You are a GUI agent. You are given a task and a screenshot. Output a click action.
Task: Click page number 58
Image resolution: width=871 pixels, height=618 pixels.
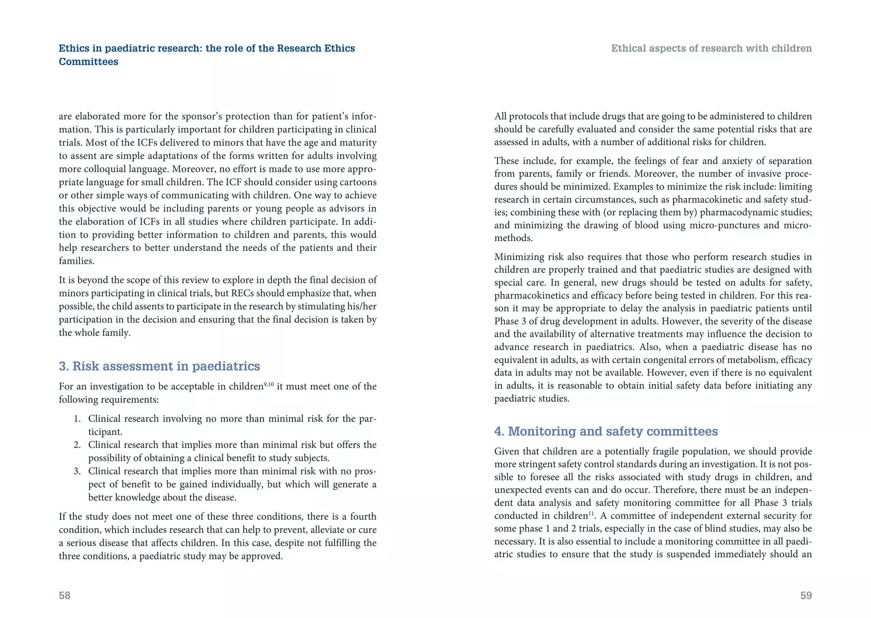[x=65, y=595]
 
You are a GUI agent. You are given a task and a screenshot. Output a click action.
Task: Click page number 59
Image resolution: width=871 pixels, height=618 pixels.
[x=806, y=595]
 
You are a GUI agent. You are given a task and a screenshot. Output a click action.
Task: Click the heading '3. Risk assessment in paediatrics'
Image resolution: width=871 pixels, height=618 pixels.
[x=159, y=366]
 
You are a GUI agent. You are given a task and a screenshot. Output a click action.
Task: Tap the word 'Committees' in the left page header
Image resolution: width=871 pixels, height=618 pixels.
[x=88, y=62]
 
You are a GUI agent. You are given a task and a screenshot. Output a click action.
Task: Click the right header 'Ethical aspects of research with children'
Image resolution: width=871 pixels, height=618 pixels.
[x=711, y=48]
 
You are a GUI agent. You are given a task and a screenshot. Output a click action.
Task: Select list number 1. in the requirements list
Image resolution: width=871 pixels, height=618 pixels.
[x=77, y=419]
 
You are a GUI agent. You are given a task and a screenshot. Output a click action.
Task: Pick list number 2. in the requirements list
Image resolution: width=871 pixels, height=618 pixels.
[x=77, y=445]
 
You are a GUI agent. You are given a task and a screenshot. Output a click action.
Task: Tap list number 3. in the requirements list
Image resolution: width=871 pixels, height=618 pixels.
[x=77, y=472]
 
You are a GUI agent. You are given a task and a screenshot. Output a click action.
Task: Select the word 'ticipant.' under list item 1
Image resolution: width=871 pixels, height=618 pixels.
[x=105, y=432]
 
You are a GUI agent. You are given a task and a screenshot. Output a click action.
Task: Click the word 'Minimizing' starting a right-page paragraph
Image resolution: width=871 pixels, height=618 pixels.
[x=516, y=257]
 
